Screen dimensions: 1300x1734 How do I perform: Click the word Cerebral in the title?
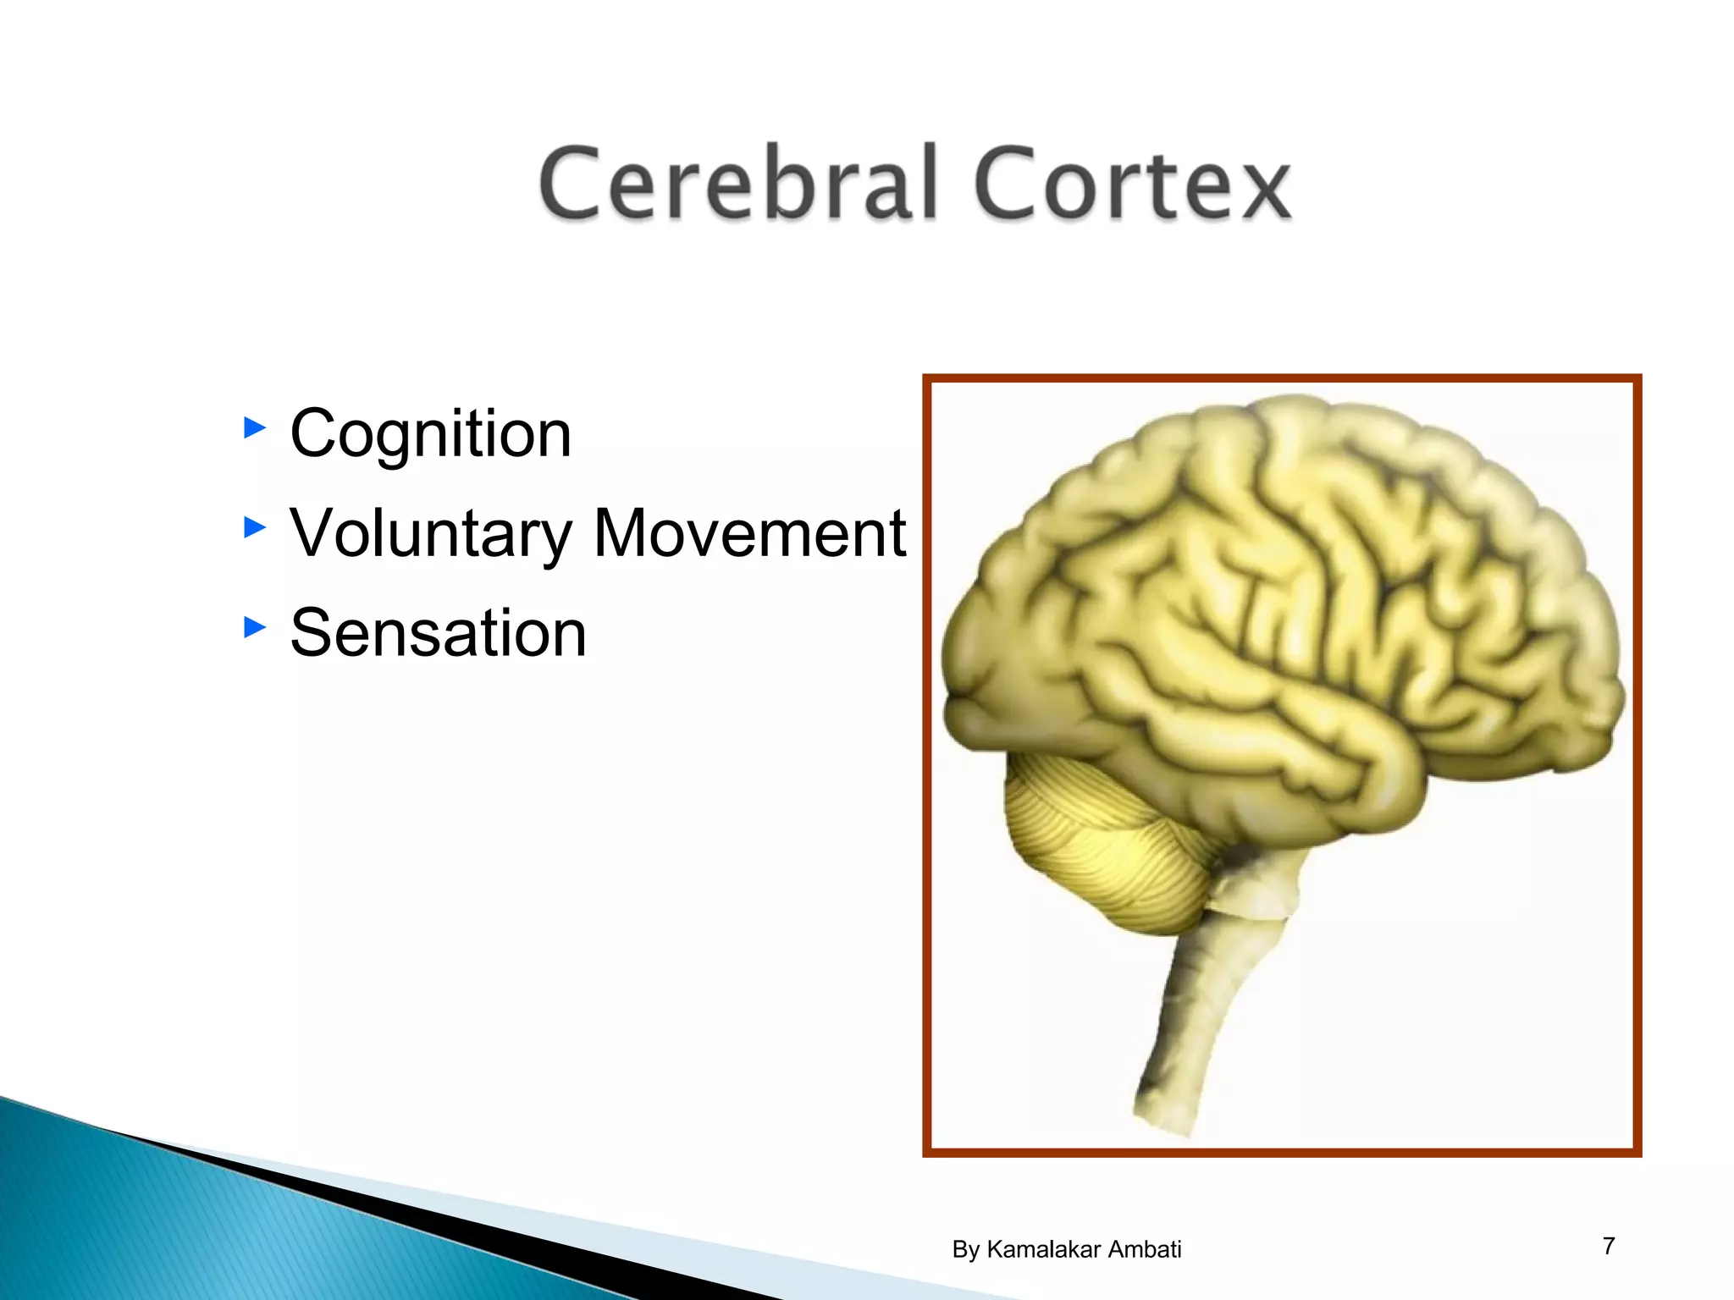click(739, 183)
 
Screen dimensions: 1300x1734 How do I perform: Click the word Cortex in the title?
click(1132, 183)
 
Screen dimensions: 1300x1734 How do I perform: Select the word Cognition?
click(430, 433)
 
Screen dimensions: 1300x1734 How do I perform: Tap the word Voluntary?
click(431, 535)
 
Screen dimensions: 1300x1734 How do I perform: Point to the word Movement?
click(750, 533)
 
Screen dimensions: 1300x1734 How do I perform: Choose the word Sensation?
click(438, 633)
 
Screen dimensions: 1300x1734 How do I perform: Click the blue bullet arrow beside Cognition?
click(254, 427)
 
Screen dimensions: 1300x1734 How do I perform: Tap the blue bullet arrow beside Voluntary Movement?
click(254, 528)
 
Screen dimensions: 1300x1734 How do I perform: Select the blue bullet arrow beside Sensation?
click(254, 627)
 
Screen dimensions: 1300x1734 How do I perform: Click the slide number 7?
click(1609, 1246)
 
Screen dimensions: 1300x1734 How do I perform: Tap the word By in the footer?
click(966, 1250)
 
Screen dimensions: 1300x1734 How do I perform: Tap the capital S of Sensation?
click(311, 633)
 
